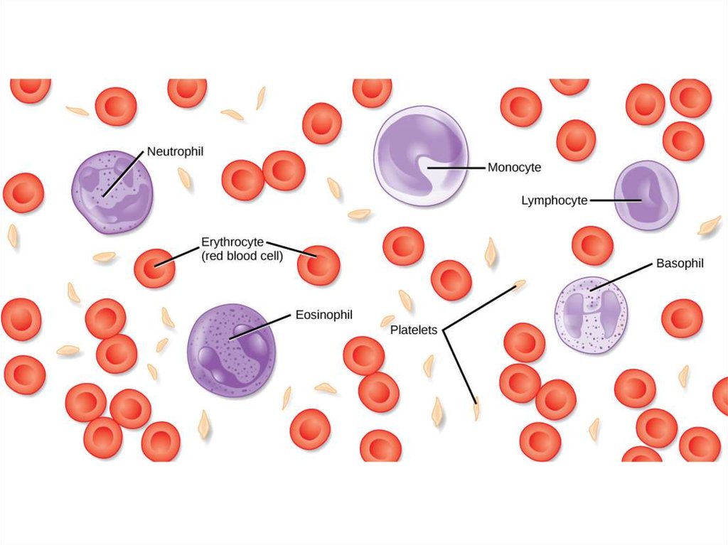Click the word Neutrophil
tap(175, 151)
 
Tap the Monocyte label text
tap(514, 168)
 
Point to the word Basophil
tap(679, 264)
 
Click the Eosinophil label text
tap(323, 314)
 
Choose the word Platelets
tap(413, 330)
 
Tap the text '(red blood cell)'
tap(242, 256)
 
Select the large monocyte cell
tap(421, 156)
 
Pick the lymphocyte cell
tap(646, 195)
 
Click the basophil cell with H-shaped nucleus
tap(591, 315)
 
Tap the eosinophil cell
tap(231, 351)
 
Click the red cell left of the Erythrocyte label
tap(154, 268)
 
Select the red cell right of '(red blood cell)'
tap(318, 265)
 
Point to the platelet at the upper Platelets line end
tap(520, 285)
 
